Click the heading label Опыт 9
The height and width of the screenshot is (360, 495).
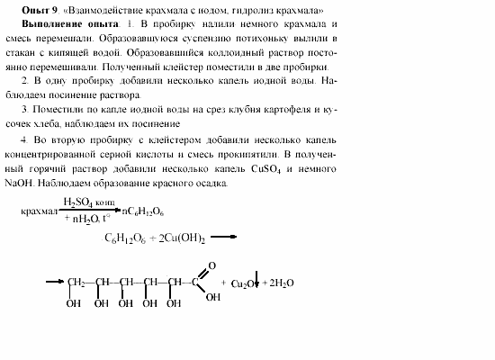point(40,9)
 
